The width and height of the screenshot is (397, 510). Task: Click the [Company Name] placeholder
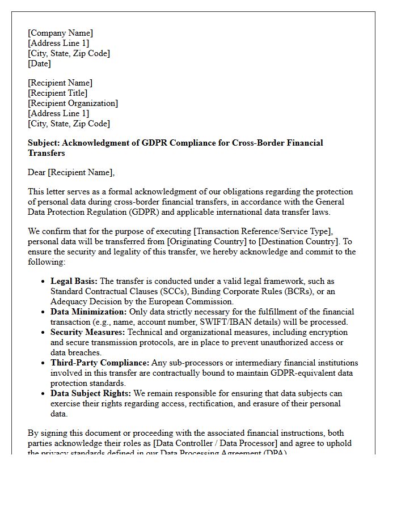[x=60, y=33]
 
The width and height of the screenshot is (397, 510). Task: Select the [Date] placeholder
[x=39, y=63]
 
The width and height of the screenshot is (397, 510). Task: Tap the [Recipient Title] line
[x=57, y=93]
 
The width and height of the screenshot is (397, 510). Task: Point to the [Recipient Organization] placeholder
[x=73, y=103]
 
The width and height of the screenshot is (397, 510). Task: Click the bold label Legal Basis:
[x=74, y=281]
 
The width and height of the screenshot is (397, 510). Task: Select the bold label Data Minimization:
[x=88, y=312]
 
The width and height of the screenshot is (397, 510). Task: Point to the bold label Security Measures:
[x=87, y=332]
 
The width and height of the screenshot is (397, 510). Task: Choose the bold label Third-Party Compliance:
[x=100, y=363]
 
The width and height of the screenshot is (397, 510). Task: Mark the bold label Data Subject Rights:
[x=91, y=393]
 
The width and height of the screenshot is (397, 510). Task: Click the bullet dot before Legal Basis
[x=44, y=282]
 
